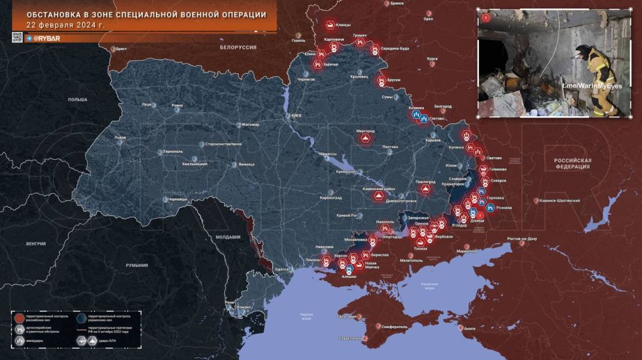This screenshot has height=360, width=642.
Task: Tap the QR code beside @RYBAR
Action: [17, 38]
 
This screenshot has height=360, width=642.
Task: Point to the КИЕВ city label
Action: [296, 116]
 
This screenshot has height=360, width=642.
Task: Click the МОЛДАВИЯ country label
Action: [228, 237]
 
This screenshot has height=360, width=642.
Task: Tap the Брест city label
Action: [121, 49]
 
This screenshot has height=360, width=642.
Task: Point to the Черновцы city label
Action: [177, 200]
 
